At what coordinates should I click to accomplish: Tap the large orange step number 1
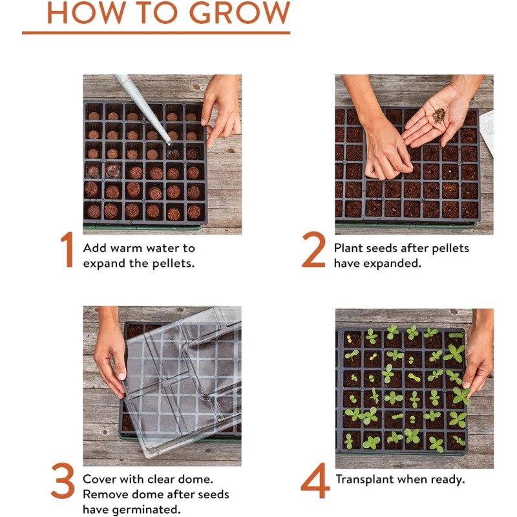click(x=67, y=249)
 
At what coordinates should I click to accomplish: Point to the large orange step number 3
click(x=63, y=483)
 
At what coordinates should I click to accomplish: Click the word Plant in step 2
click(x=349, y=248)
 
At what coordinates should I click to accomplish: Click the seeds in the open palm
click(x=439, y=116)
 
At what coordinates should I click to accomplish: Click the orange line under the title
click(x=156, y=32)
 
